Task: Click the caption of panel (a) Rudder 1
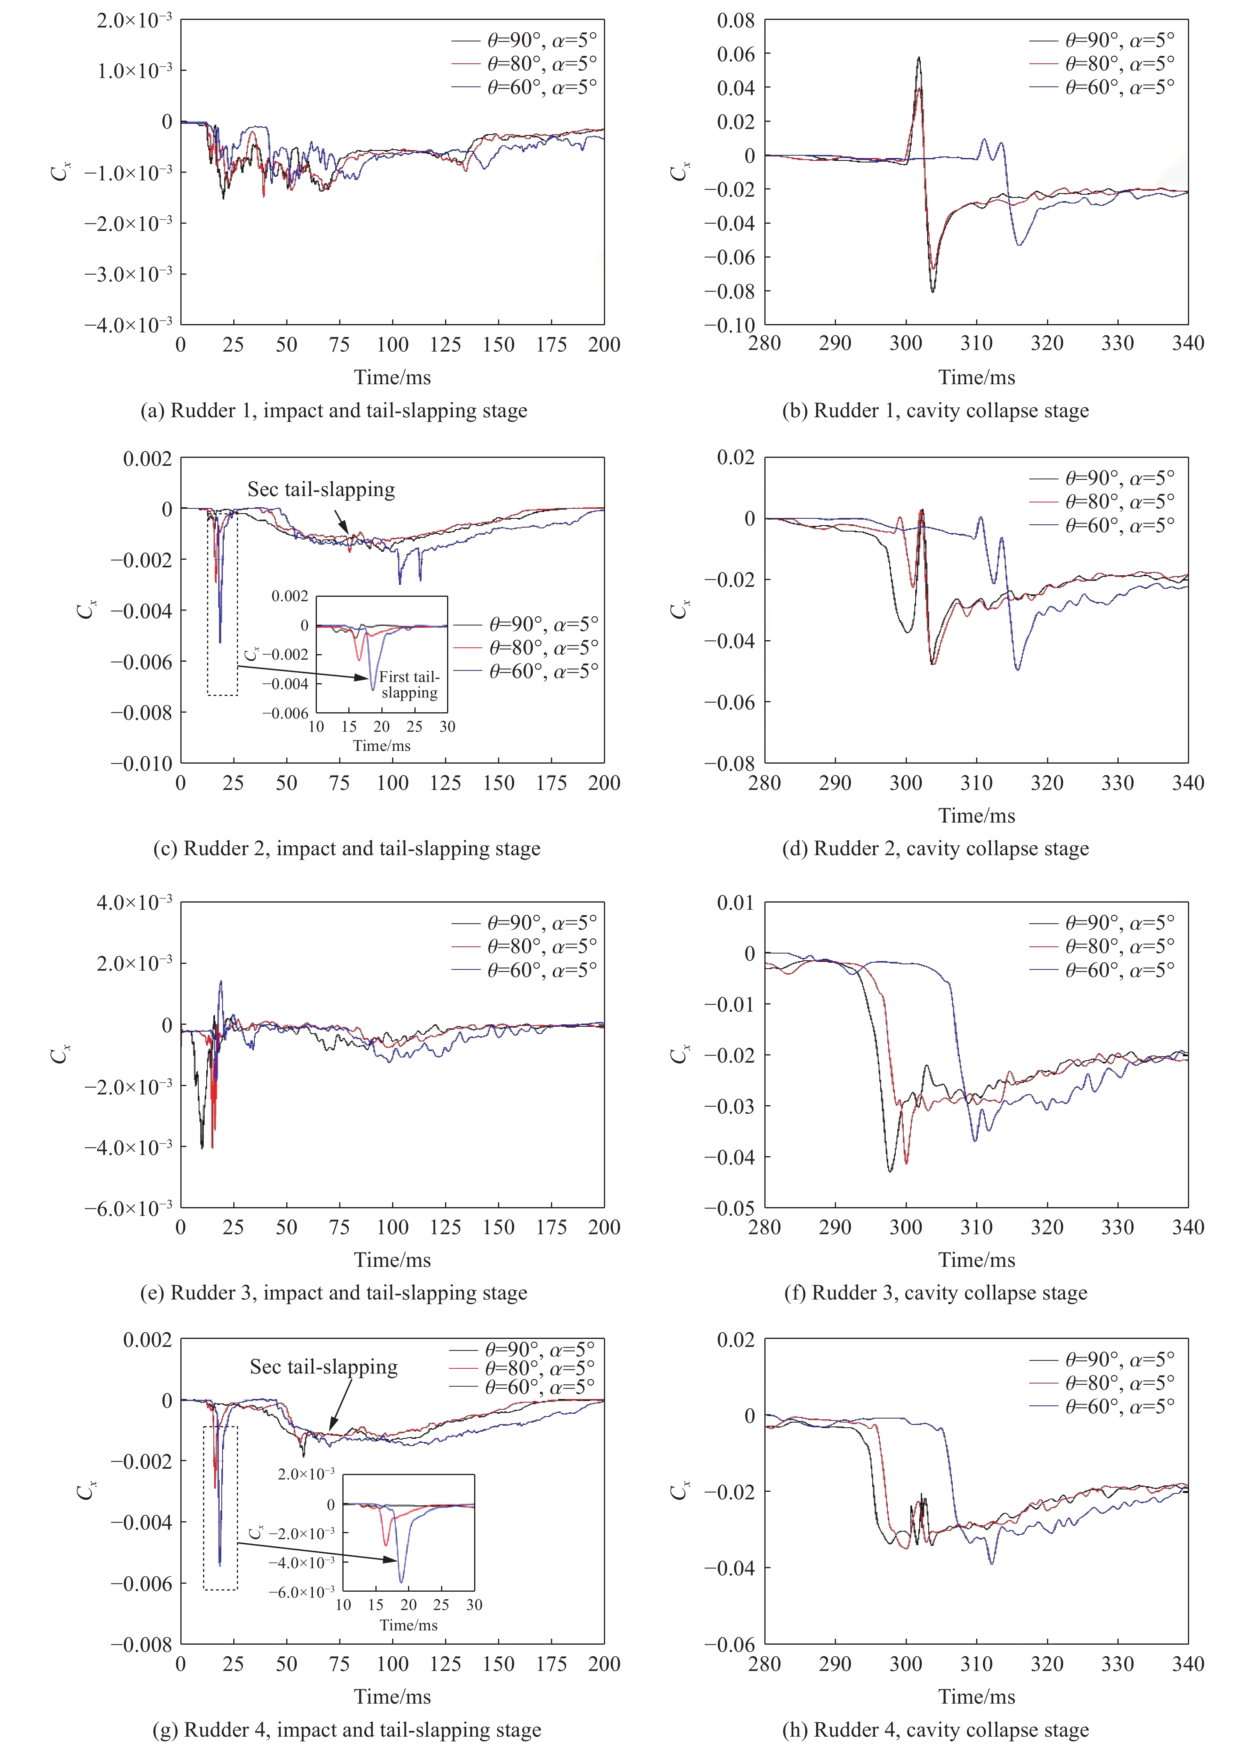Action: pyautogui.click(x=333, y=411)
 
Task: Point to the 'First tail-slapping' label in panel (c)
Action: pyautogui.click(x=409, y=685)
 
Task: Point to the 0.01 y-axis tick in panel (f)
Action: pyautogui.click(x=735, y=903)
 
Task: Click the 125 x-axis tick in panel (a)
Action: pyautogui.click(x=445, y=345)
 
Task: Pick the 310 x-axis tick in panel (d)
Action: pyautogui.click(x=976, y=783)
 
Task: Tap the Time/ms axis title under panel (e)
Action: pyautogui.click(x=393, y=1260)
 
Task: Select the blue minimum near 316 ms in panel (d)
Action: pyautogui.click(x=1018, y=669)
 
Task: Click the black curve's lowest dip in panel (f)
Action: pyautogui.click(x=890, y=1171)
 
